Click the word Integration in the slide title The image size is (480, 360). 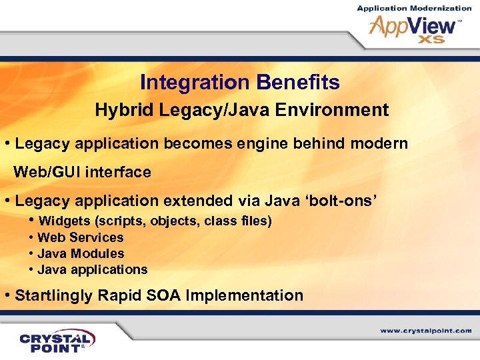(194, 83)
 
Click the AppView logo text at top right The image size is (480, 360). (413, 27)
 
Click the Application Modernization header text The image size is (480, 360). (414, 8)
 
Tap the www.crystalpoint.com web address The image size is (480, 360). (426, 330)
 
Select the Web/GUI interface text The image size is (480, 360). (83, 172)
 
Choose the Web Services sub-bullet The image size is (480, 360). (80, 237)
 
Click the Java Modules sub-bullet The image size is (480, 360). (81, 253)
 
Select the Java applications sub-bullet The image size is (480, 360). (92, 269)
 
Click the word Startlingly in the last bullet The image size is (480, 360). (55, 295)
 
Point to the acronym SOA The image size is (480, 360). (164, 295)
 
